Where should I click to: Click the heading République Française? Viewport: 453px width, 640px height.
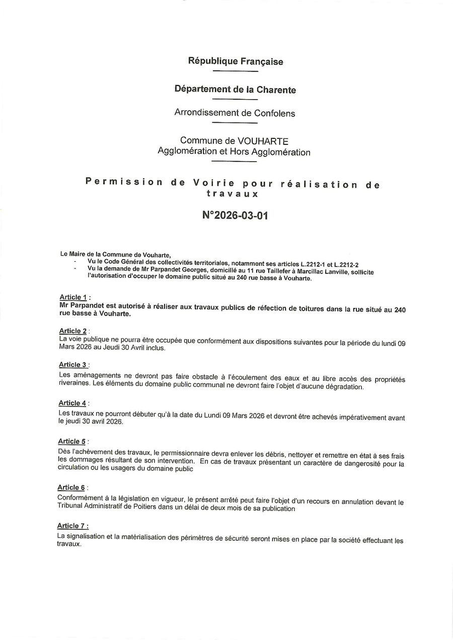tap(236, 61)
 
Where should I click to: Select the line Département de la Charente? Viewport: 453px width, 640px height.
tap(235, 90)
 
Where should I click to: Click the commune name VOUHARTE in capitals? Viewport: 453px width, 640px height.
tap(263, 141)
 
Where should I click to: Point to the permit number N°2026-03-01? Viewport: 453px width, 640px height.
tap(235, 215)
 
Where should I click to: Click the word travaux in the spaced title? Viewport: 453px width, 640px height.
tap(233, 193)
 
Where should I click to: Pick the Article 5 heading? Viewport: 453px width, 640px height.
tap(72, 441)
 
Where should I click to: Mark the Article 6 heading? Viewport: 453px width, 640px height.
tap(71, 488)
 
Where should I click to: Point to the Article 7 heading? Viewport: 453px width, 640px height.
tap(71, 526)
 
